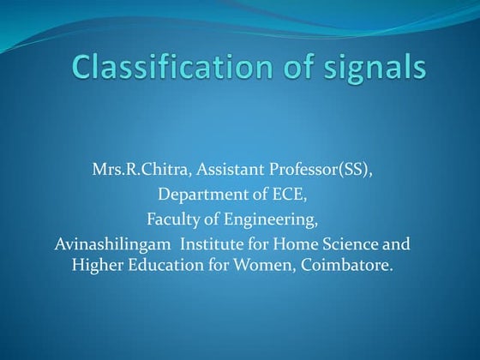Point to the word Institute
click(200, 244)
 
